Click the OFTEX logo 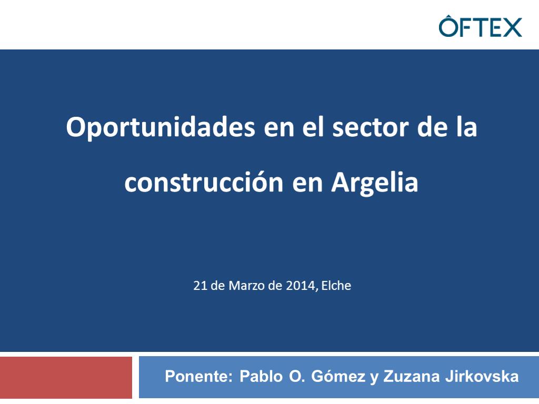[480, 26]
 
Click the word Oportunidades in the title [161, 127]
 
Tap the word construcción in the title [204, 181]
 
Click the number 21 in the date [199, 286]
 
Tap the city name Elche [336, 286]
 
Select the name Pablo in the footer [261, 376]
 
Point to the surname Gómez [338, 376]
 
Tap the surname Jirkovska [482, 376]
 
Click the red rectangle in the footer [66, 378]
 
